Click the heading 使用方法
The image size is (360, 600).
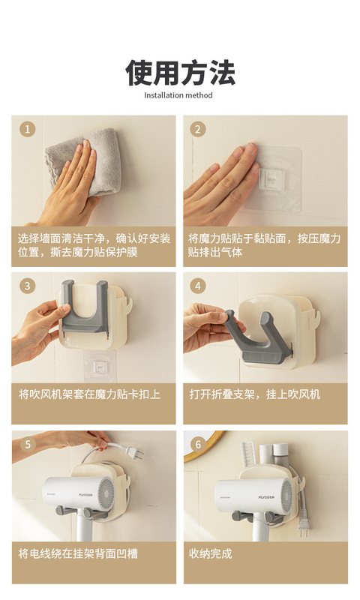[x=180, y=72]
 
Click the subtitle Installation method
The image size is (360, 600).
[x=178, y=95]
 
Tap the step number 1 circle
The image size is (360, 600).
[x=27, y=129]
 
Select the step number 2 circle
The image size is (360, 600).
[x=198, y=129]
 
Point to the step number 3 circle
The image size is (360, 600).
[x=27, y=286]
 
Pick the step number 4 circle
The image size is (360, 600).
[x=198, y=286]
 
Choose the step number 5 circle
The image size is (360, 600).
[x=28, y=444]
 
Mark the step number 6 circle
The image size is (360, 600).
[x=198, y=444]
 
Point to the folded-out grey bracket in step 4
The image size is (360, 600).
[x=257, y=337]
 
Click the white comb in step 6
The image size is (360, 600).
[x=249, y=455]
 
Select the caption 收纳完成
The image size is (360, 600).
[x=211, y=553]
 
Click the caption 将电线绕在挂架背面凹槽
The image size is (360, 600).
[x=78, y=553]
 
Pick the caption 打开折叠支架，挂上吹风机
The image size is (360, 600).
[x=254, y=394]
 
